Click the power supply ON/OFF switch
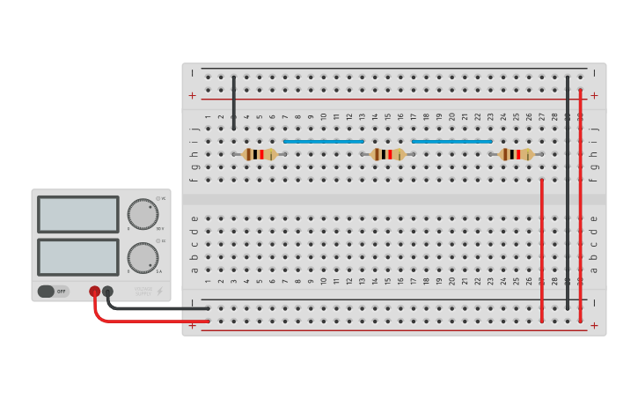coord(52,291)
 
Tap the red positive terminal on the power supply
coord(94,291)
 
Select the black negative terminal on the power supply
coord(107,291)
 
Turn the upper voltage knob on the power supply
coord(143,214)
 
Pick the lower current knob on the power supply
coord(143,258)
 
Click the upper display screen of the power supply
coord(78,214)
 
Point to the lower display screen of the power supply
coord(78,257)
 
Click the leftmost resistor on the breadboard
coord(260,154)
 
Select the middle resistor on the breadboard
coord(388,154)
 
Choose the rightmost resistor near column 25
coord(517,154)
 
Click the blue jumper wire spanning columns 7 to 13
coord(324,141)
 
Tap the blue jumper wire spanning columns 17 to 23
coord(452,141)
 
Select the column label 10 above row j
coord(324,116)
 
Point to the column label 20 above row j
coord(452,116)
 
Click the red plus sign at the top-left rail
coord(192,95)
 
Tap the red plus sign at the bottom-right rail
coord(594,325)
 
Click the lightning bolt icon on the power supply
coord(159,292)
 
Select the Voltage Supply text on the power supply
coord(143,291)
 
